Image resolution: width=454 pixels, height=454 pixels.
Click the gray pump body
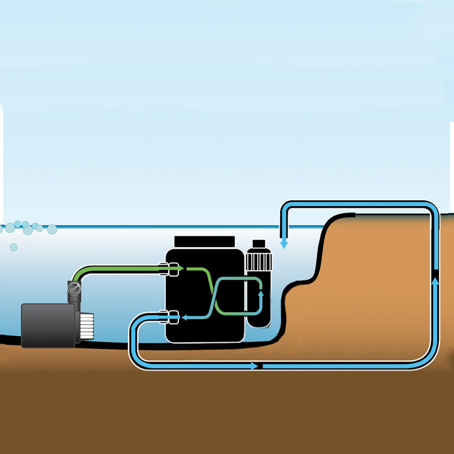48,325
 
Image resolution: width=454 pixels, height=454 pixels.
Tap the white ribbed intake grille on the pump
87,326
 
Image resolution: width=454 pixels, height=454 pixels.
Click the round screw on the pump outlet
73,288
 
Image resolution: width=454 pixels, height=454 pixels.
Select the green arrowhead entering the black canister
180,269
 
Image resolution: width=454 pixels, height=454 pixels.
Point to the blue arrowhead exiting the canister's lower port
184,317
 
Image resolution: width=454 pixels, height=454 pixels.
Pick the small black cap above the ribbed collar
258,244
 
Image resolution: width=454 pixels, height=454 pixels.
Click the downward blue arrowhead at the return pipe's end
284,244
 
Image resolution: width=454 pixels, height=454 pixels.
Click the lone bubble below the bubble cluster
14,247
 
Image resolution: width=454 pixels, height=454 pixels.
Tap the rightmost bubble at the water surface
52,229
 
